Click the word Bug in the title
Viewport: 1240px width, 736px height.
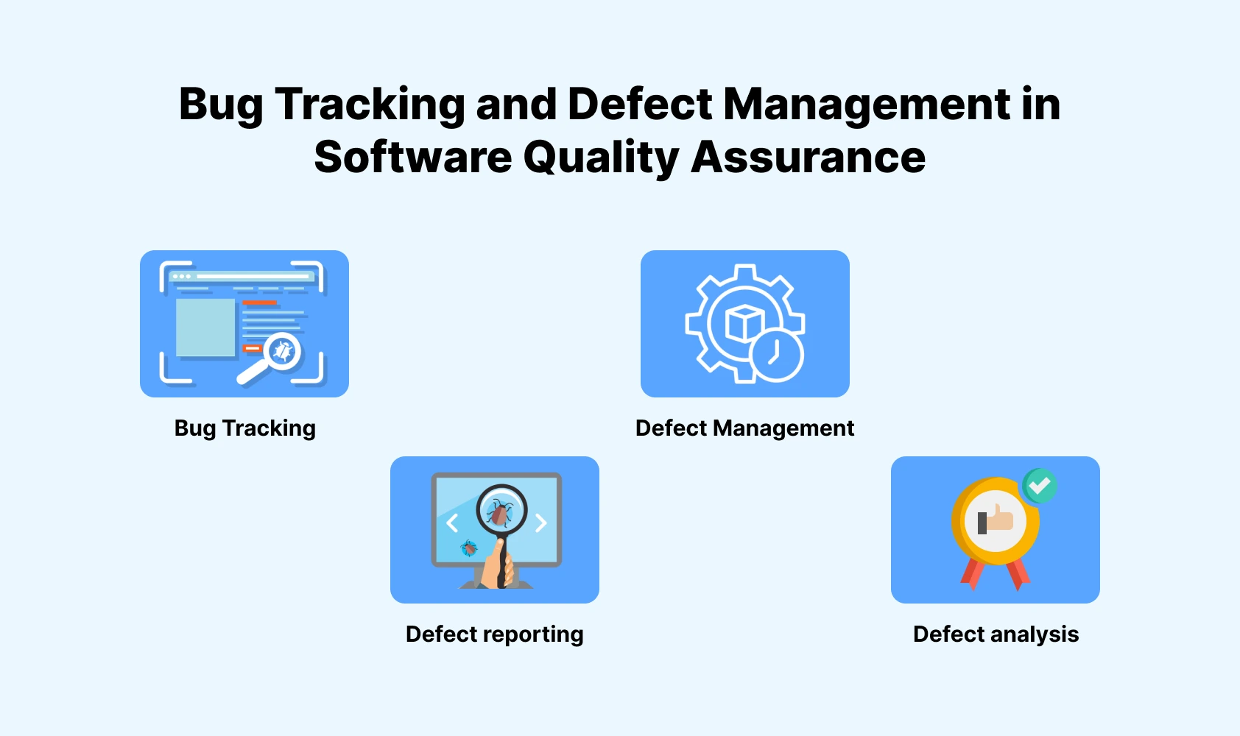[220, 105]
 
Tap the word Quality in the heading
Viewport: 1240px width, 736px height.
[601, 158]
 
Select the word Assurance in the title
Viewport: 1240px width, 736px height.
[808, 158]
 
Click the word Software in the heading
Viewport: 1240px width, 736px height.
[412, 158]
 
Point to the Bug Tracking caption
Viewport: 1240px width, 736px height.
[244, 428]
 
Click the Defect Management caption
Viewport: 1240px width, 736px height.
[744, 428]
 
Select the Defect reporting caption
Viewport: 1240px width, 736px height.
[494, 634]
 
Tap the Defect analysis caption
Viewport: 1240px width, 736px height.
[996, 634]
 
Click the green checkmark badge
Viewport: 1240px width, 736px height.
[1040, 486]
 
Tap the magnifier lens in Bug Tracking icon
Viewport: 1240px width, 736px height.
[283, 351]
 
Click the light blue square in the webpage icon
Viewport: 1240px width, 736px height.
[205, 328]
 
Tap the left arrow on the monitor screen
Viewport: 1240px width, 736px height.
[452, 523]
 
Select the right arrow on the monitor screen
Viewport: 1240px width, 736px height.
[541, 523]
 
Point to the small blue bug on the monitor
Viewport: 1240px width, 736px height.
[468, 548]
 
